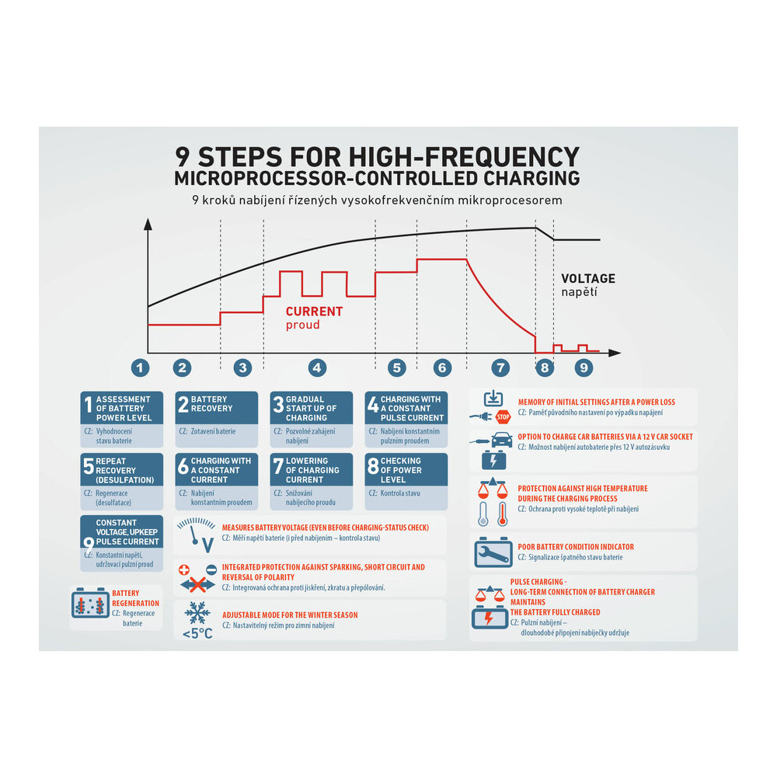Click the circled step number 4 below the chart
point(317,368)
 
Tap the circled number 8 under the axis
point(545,368)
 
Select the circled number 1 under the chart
point(140,368)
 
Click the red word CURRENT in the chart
point(314,312)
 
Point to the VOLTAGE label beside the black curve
point(587,278)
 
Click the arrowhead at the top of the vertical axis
point(148,224)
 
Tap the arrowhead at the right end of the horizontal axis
point(615,353)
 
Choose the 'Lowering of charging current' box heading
point(312,469)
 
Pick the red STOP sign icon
point(503,416)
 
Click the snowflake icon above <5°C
point(197,614)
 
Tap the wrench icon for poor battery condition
point(493,552)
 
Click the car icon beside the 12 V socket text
point(502,440)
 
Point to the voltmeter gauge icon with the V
point(197,535)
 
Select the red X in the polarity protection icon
point(197,585)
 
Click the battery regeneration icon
point(89,603)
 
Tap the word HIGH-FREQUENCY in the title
point(465,157)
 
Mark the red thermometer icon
point(503,514)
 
